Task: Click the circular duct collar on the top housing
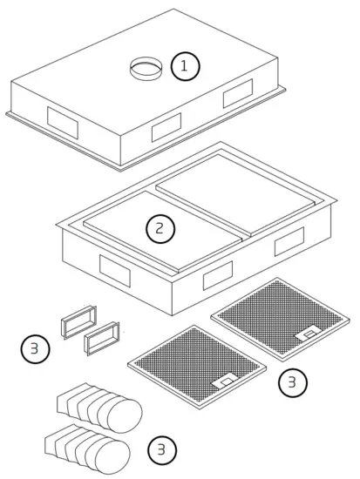tap(146, 67)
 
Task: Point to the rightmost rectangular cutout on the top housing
tap(237, 93)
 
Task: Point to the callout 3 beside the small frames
tap(34, 350)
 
